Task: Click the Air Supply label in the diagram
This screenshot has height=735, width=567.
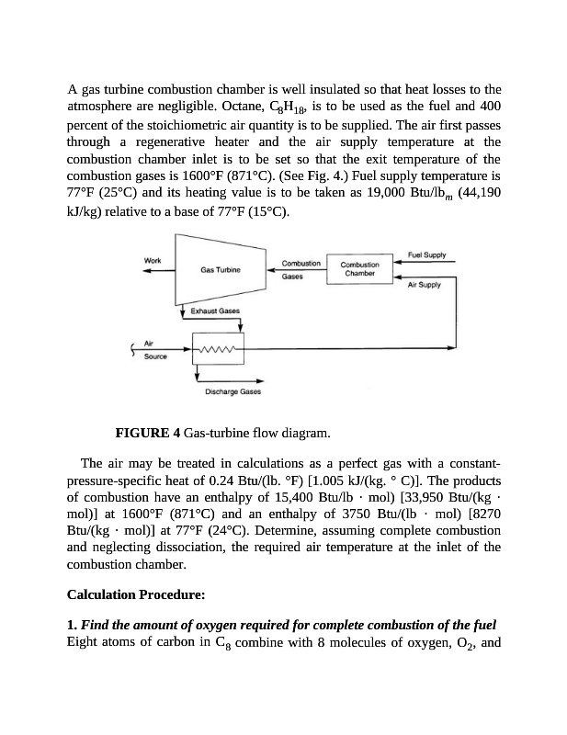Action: pyautogui.click(x=425, y=285)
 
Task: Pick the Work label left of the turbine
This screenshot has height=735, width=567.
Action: pyautogui.click(x=153, y=260)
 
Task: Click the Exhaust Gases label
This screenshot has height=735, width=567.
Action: pyautogui.click(x=216, y=312)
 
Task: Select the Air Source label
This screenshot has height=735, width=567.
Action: pyautogui.click(x=155, y=351)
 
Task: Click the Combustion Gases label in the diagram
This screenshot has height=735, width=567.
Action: pyautogui.click(x=301, y=268)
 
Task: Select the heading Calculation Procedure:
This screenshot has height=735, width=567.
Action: pyautogui.click(x=129, y=596)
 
